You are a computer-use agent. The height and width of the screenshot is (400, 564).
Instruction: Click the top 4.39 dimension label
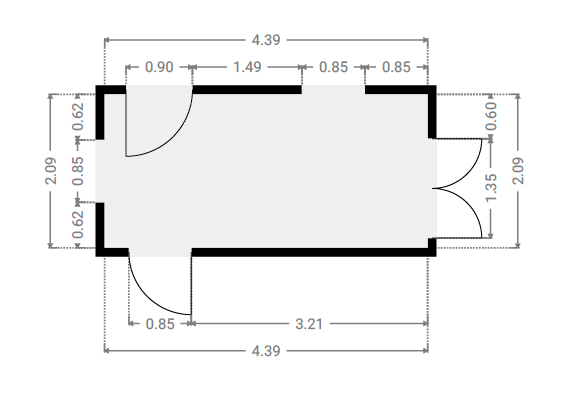click(x=266, y=40)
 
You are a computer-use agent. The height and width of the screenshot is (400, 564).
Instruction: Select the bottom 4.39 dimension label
click(x=266, y=351)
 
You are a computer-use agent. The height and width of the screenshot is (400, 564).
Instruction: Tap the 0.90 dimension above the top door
click(x=159, y=67)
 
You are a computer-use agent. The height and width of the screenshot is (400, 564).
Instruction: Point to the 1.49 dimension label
click(x=247, y=67)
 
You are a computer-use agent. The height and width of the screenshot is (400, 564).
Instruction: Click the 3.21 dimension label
click(x=309, y=324)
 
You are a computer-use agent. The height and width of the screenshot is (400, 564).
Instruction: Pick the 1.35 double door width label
click(x=491, y=188)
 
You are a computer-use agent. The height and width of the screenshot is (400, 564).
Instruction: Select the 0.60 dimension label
click(x=491, y=116)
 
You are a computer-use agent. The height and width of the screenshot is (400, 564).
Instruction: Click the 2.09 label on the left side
click(x=51, y=171)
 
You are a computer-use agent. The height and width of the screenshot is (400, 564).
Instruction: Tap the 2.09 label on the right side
click(x=518, y=171)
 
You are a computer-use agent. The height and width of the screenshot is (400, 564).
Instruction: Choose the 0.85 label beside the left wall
click(x=78, y=171)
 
